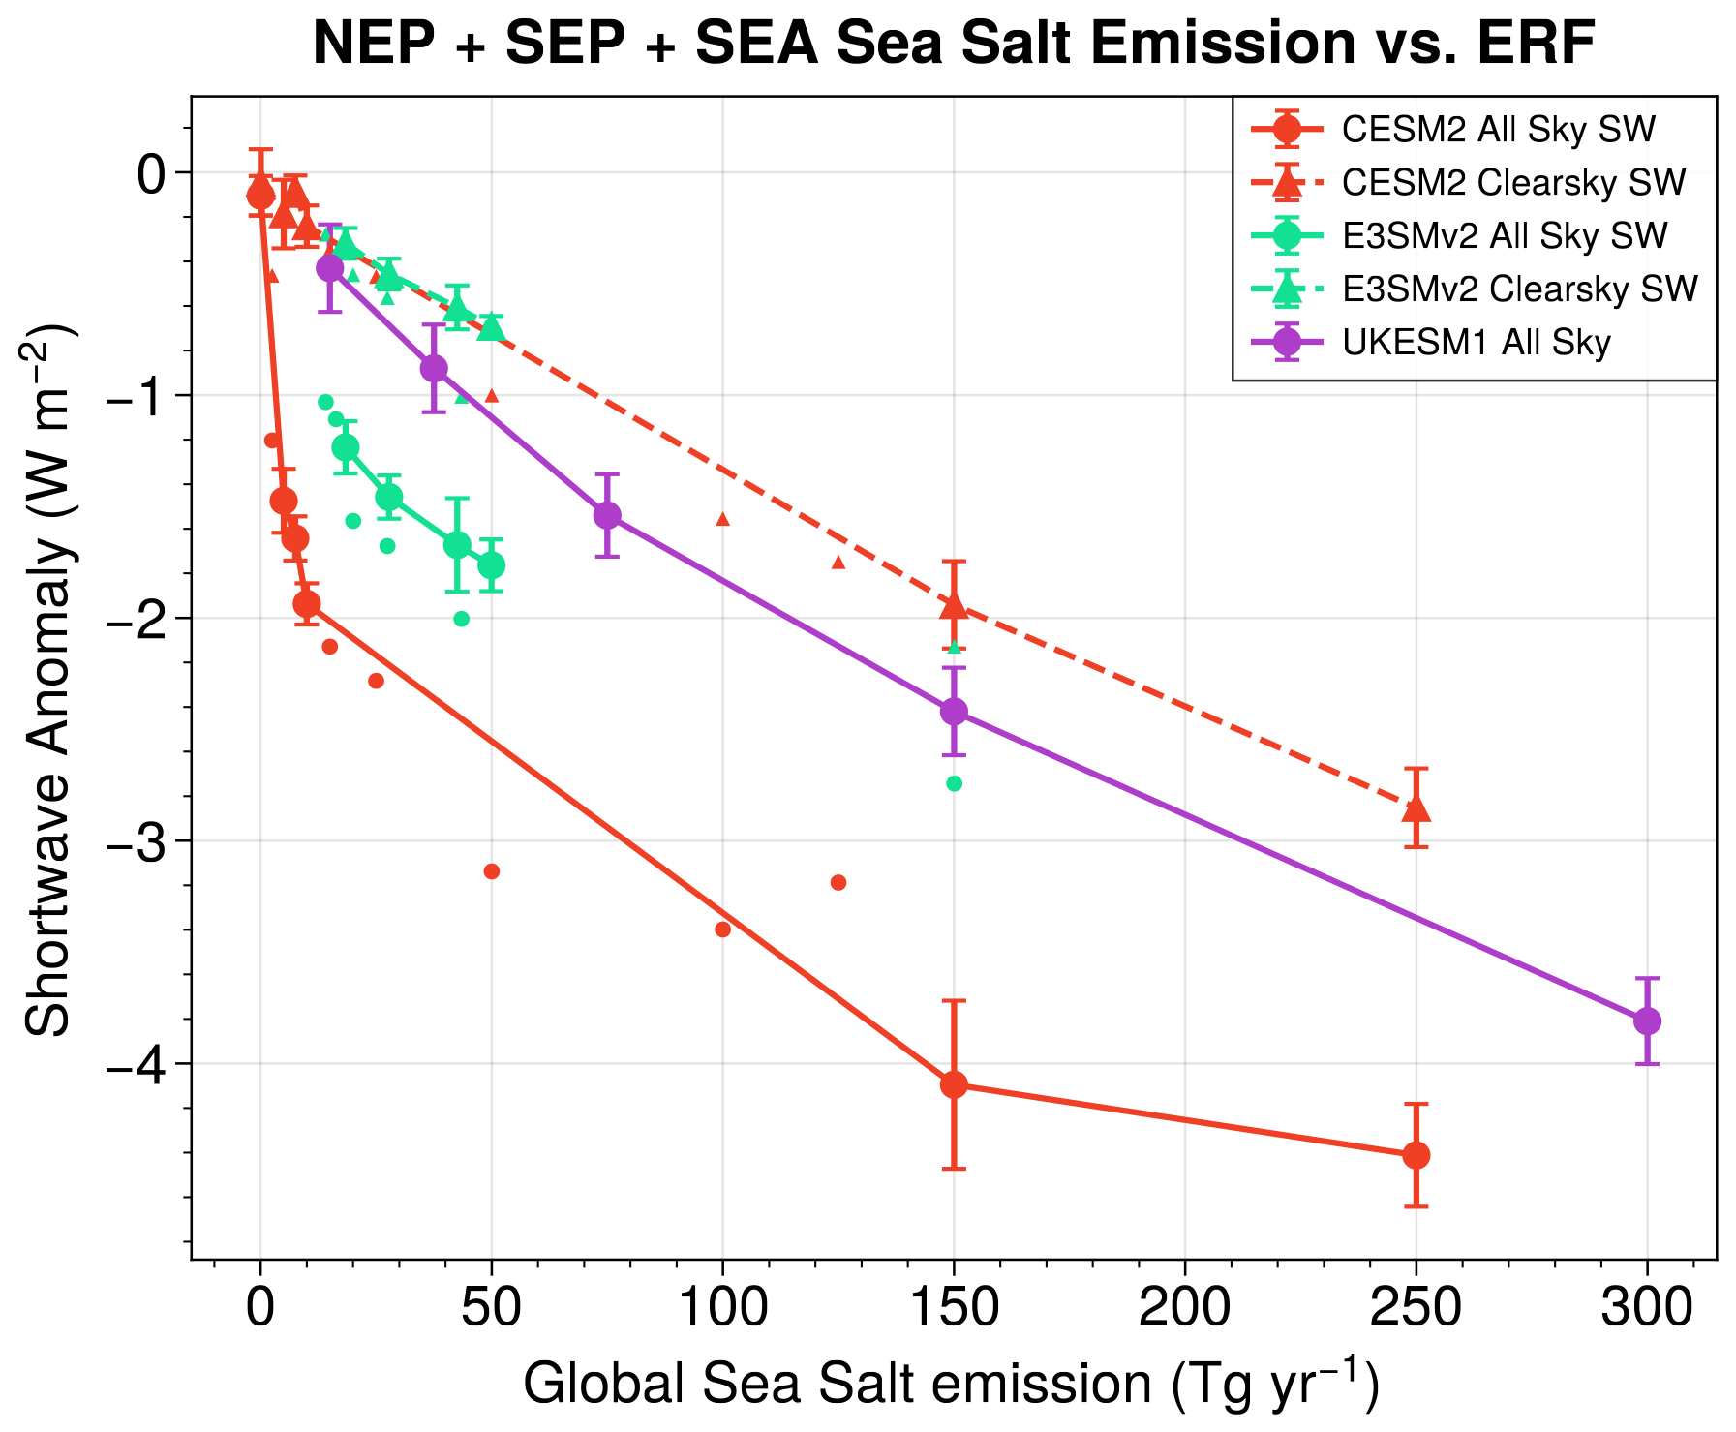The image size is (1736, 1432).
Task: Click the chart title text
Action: [954, 44]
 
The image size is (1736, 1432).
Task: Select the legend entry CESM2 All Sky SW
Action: [1498, 130]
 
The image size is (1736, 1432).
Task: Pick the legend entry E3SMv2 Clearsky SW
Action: [1519, 289]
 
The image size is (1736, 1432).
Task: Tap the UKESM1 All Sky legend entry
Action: [1476, 342]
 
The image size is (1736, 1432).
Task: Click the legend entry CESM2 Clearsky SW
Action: [1513, 183]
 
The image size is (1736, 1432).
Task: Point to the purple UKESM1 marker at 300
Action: [1647, 1021]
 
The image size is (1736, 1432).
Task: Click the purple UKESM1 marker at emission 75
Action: [607, 515]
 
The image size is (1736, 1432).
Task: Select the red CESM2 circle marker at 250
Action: [1416, 1154]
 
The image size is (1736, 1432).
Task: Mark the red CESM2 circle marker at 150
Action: [954, 1084]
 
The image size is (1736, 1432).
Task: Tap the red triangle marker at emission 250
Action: [1416, 807]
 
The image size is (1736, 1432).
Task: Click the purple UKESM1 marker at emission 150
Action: [954, 712]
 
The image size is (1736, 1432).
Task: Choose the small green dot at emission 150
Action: [954, 783]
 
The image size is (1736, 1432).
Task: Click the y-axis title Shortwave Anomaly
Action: [48, 678]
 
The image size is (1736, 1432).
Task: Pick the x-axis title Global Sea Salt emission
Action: [951, 1385]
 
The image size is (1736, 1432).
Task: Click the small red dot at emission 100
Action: [722, 929]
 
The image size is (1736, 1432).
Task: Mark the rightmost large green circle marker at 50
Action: [491, 564]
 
